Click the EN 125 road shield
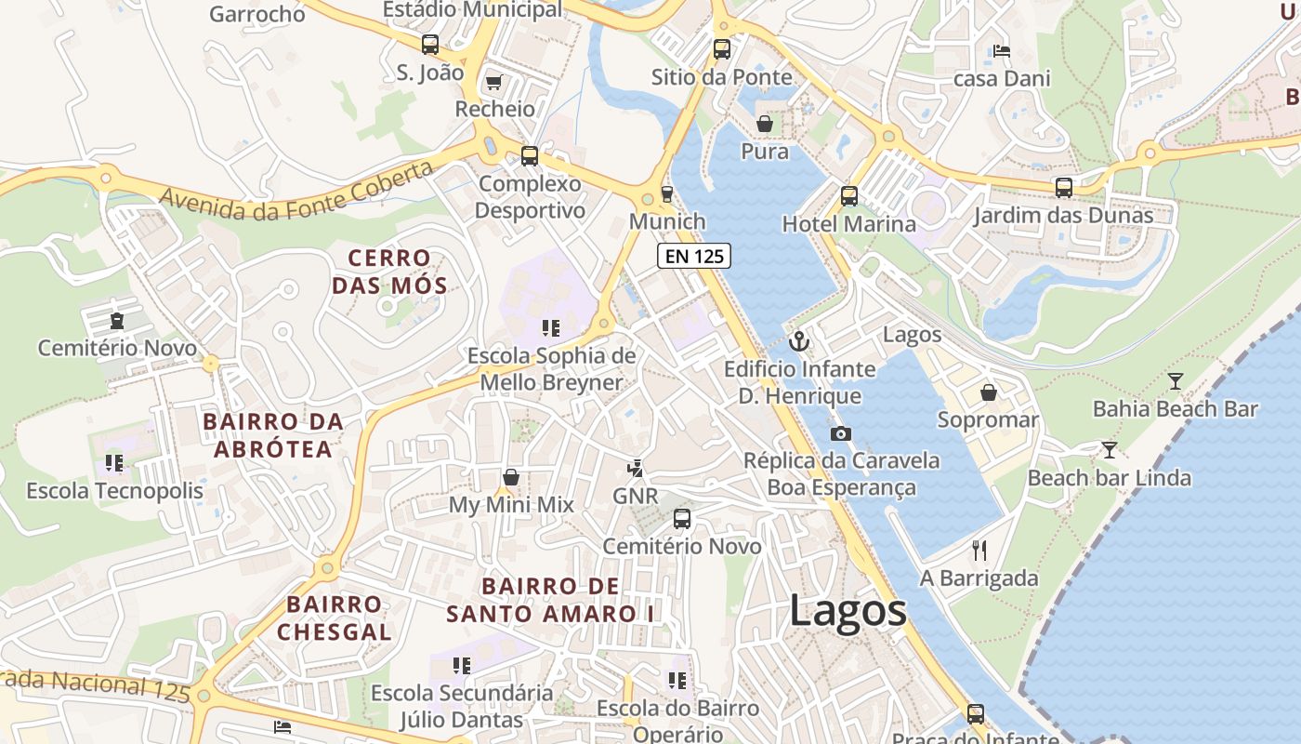point(693,256)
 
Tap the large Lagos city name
point(848,612)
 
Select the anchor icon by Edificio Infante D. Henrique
point(799,341)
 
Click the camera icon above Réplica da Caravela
point(840,433)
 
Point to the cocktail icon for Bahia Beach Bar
point(1176,380)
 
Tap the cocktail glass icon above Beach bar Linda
point(1110,450)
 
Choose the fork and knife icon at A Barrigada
point(979,551)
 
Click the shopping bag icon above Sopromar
point(989,392)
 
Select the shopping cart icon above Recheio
point(494,83)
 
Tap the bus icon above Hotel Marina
point(848,196)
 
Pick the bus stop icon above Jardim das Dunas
point(1064,188)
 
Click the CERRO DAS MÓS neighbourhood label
point(389,272)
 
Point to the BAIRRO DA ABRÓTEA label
point(273,435)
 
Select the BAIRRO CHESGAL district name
point(334,618)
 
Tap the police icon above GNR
point(636,468)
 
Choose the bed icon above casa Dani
point(1002,50)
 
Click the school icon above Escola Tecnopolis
point(114,462)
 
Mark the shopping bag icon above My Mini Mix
point(511,477)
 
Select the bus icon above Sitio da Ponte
point(722,49)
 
